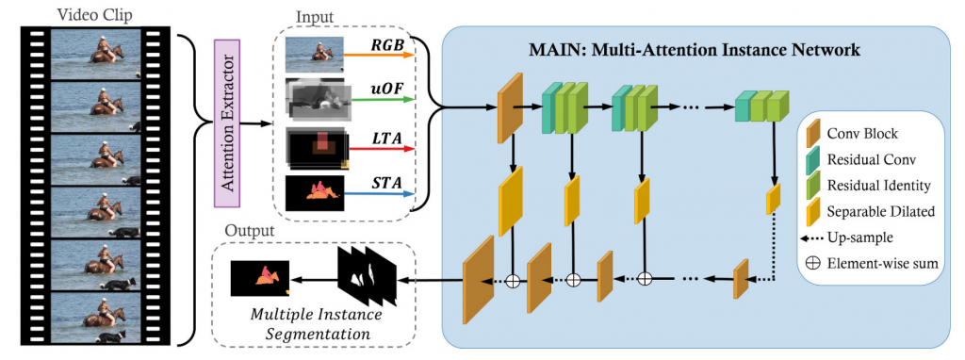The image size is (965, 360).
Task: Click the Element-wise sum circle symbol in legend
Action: (811, 263)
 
